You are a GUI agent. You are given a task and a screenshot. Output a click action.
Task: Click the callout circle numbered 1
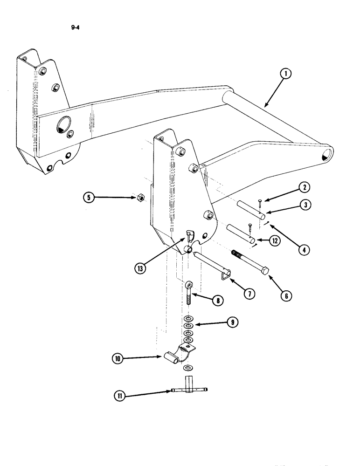286,74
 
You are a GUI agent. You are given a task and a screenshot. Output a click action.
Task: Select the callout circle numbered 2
304,188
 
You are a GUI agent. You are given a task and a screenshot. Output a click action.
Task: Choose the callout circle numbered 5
87,198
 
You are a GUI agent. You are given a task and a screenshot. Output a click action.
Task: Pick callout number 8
217,301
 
